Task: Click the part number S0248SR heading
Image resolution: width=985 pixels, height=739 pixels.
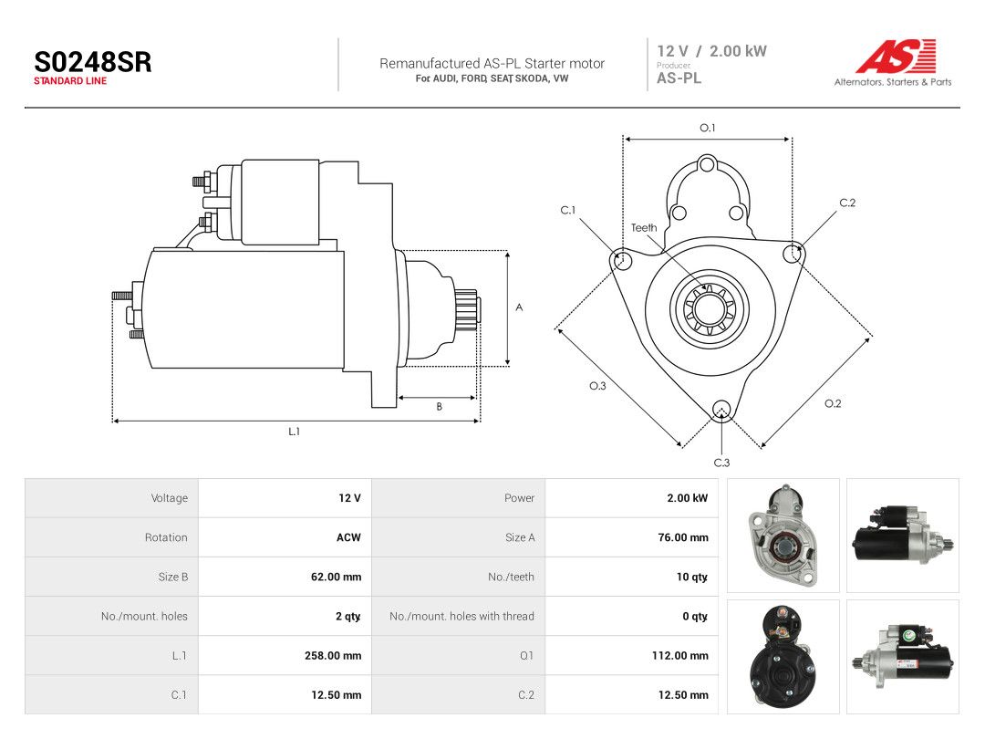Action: [92, 62]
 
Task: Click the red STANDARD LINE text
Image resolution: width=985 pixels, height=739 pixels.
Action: [70, 81]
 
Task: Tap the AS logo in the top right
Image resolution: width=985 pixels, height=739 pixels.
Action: [895, 56]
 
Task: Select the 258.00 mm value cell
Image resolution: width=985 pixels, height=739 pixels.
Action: [333, 655]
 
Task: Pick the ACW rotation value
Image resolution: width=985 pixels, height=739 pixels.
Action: [348, 537]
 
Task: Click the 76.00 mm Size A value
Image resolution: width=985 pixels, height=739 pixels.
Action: [683, 537]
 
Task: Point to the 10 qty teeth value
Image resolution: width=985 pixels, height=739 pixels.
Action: [692, 577]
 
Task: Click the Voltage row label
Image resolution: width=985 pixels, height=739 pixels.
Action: [170, 498]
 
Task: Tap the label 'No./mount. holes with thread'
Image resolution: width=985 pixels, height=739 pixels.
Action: [461, 617]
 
